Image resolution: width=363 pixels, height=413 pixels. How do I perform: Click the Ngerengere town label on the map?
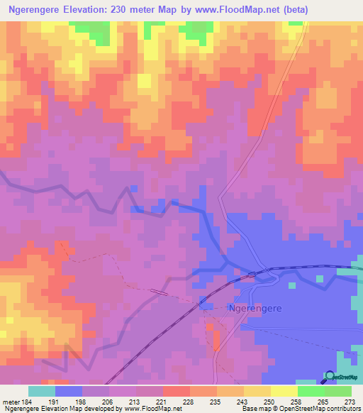pos(254,309)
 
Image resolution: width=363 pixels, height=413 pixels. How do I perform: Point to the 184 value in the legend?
pos(28,401)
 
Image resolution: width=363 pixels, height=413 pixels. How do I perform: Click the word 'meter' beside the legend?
pos(10,401)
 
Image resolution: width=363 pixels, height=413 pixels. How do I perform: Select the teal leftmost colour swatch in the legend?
pos(41,391)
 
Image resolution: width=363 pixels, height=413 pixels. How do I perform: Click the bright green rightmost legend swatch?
pos(338,391)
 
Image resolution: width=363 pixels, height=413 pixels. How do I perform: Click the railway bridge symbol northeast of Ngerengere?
pos(251,272)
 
